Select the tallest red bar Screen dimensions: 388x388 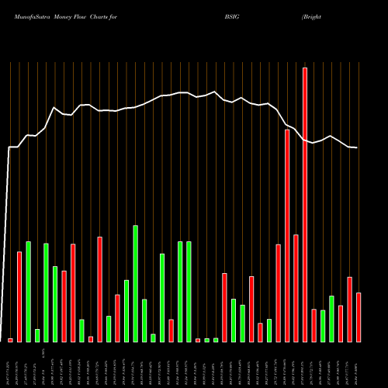point(305,205)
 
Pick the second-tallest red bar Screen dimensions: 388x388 point(287,236)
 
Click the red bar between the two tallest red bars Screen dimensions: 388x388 point(296,288)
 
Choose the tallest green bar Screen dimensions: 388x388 point(136,284)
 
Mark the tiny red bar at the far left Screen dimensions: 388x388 point(11,340)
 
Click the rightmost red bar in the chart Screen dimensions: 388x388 point(359,317)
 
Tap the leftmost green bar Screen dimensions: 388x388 point(29,292)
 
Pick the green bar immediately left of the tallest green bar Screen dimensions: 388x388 point(126,311)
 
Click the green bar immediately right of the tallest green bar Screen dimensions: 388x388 point(144,320)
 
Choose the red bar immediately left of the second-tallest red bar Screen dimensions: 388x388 point(278,293)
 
